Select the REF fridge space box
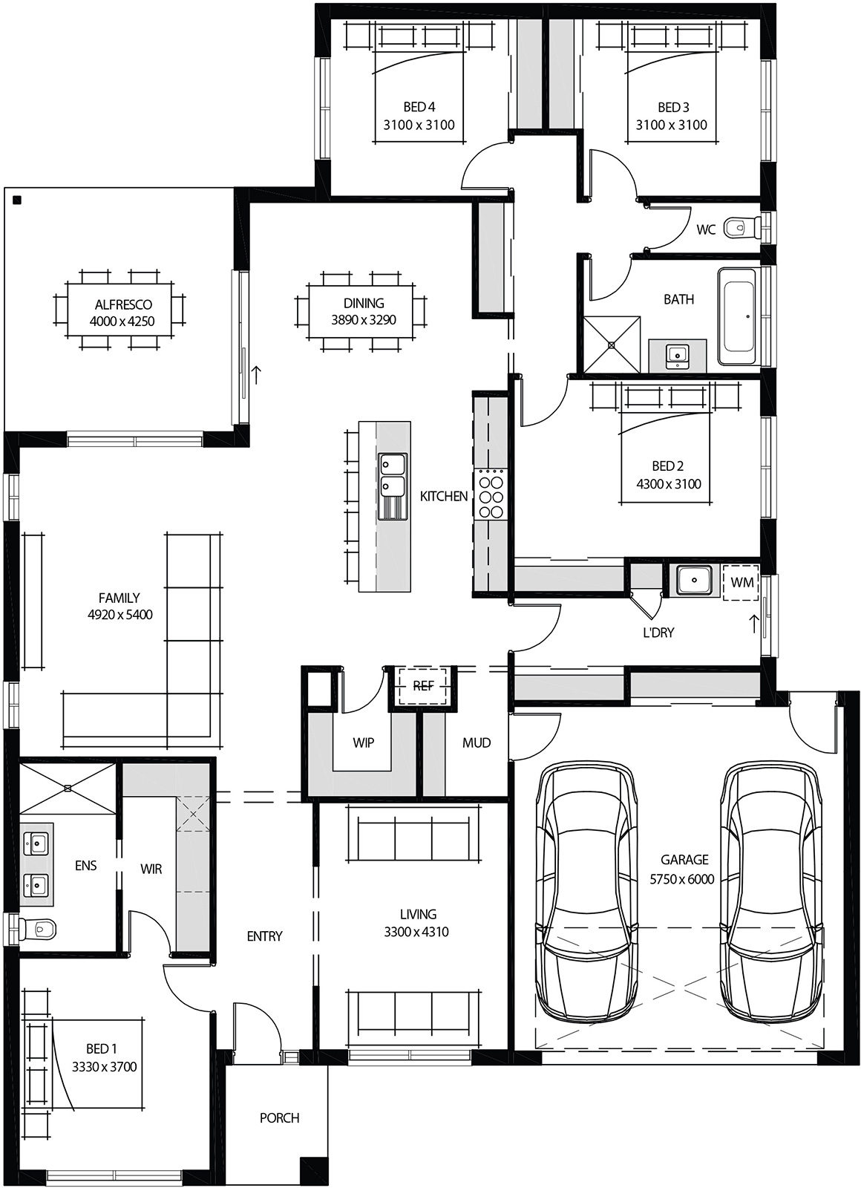422,685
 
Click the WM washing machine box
741,582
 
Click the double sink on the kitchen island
392,475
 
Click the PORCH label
280,1117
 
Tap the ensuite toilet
38,927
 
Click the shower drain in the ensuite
67,787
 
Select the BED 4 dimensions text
419,125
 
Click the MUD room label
477,742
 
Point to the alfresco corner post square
16,200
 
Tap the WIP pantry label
363,742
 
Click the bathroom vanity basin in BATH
677,355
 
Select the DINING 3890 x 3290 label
364,311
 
